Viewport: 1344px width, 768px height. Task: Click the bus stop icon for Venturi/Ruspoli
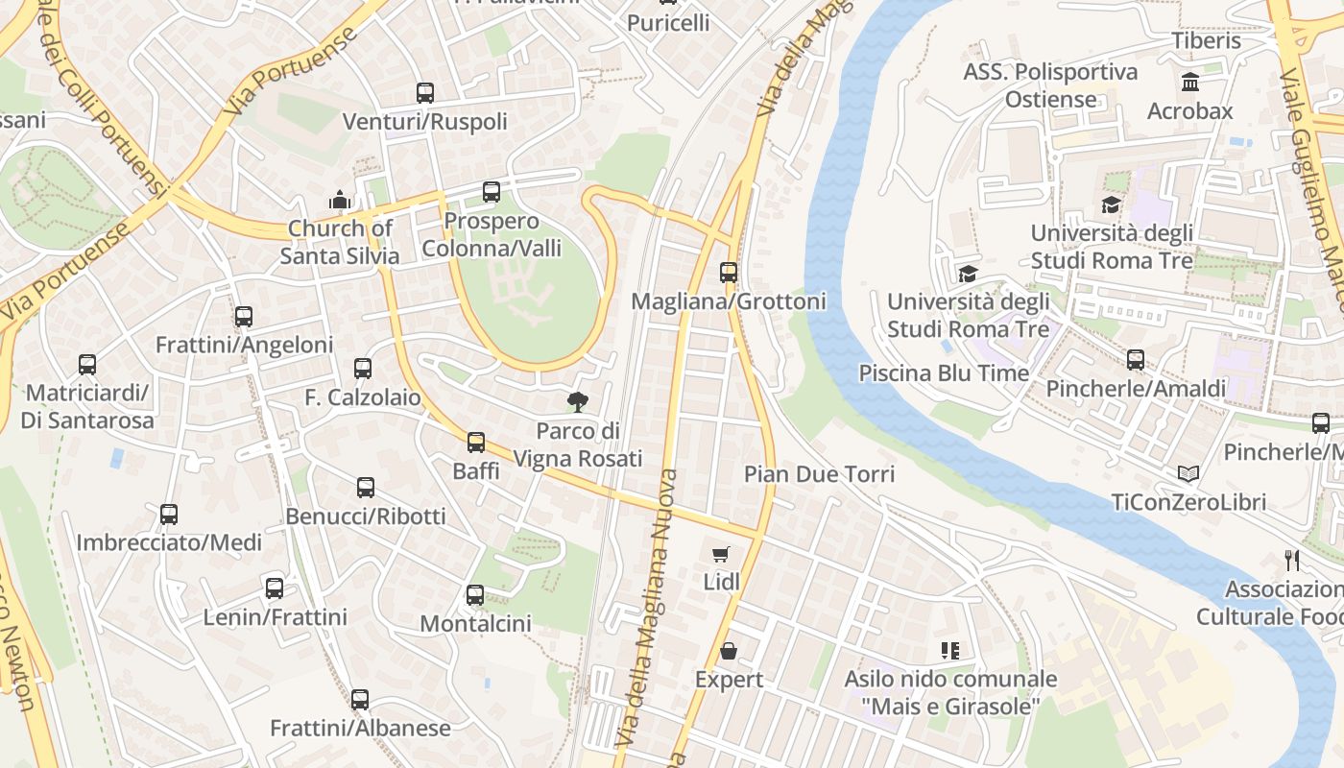coord(425,93)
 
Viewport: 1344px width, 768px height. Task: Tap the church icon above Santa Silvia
coord(339,200)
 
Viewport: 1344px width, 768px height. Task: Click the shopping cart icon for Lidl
coord(721,554)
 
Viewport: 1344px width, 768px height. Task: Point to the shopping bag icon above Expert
coord(729,651)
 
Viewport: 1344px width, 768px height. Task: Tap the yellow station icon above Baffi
coord(476,443)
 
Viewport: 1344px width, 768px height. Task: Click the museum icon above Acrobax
coord(1190,83)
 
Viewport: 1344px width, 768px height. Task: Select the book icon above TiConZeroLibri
coord(1188,473)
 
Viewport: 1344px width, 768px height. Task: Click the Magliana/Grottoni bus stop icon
coord(729,273)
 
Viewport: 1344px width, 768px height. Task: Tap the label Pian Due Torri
coord(819,474)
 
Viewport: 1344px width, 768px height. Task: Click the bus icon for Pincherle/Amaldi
coord(1136,360)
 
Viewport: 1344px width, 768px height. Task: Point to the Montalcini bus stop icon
coord(475,595)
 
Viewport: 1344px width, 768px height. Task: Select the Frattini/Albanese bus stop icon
coord(360,700)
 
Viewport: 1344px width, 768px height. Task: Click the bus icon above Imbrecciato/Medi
coord(169,515)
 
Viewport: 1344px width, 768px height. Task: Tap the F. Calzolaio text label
coord(363,397)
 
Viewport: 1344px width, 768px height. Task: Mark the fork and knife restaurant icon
coord(1292,560)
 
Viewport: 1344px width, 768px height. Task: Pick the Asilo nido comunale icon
coord(950,651)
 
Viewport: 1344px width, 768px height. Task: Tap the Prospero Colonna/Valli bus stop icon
coord(492,192)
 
